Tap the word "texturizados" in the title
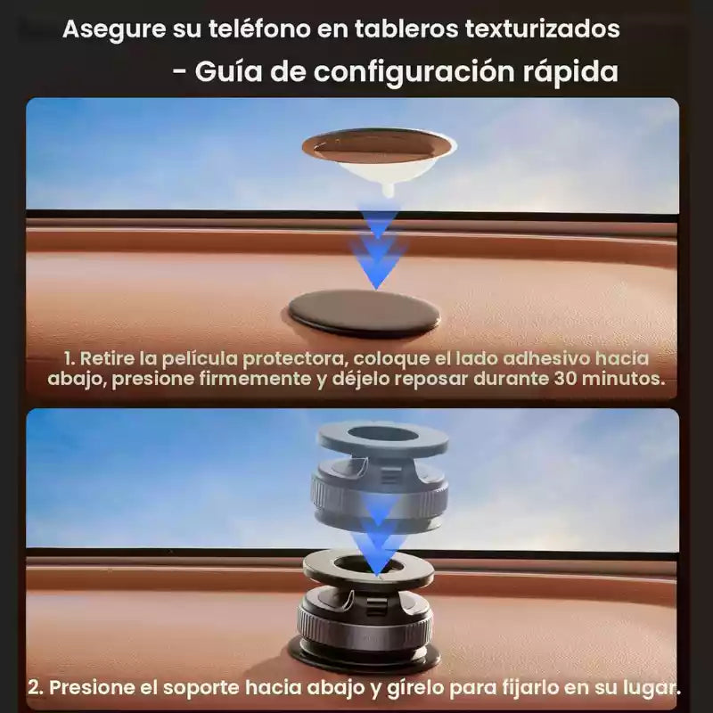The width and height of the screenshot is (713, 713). pos(542,29)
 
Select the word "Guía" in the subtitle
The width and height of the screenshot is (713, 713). pos(228,71)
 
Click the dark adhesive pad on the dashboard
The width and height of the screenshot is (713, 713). pos(364,314)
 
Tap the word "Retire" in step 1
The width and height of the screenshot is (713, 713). pos(107,358)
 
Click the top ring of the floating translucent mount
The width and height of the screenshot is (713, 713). pos(383,437)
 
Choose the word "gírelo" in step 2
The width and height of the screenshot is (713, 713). pos(415,688)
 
